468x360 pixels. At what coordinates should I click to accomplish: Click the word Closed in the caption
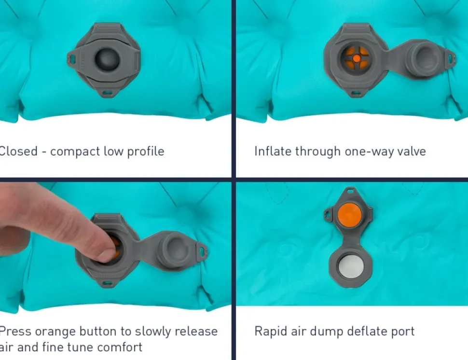[x=18, y=151]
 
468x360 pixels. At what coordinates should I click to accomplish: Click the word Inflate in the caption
[x=273, y=151]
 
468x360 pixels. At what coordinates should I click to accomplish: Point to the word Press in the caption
[x=15, y=332]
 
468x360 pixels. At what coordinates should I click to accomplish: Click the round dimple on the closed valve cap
[x=107, y=59]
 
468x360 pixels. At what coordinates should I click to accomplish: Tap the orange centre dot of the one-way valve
[x=357, y=58]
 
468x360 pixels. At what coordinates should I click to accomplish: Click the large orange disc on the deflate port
[x=349, y=214]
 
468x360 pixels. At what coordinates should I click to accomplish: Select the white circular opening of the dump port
[x=351, y=267]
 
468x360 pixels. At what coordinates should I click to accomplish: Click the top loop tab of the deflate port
[x=350, y=191]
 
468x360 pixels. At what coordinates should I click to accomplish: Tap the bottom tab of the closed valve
[x=108, y=92]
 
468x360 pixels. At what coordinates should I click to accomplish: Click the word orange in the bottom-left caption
[x=55, y=332]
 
